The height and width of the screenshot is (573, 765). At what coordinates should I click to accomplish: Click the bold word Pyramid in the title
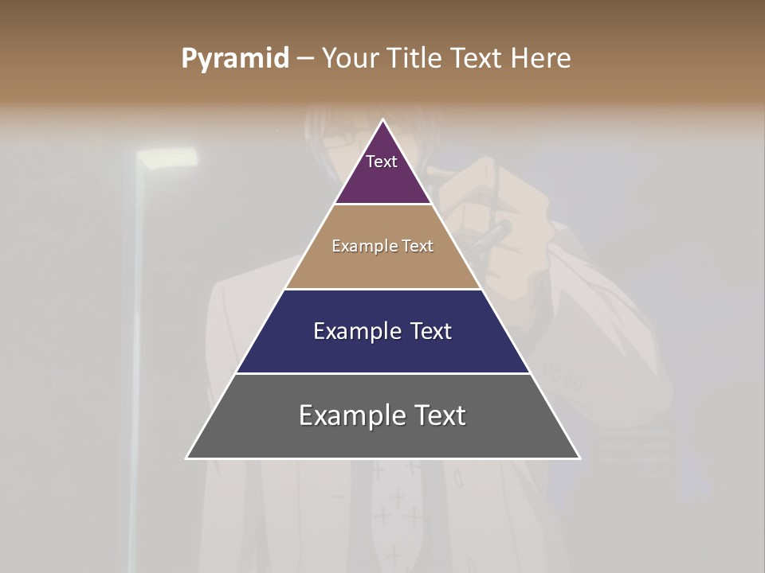pyautogui.click(x=235, y=59)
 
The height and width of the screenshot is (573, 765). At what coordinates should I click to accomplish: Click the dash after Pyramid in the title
pyautogui.click(x=305, y=59)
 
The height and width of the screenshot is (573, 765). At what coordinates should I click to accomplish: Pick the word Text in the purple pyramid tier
pyautogui.click(x=382, y=162)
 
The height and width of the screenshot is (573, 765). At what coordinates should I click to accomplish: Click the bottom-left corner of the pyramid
pyautogui.click(x=186, y=458)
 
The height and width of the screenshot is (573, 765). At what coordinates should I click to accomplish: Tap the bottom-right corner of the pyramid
pyautogui.click(x=579, y=458)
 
